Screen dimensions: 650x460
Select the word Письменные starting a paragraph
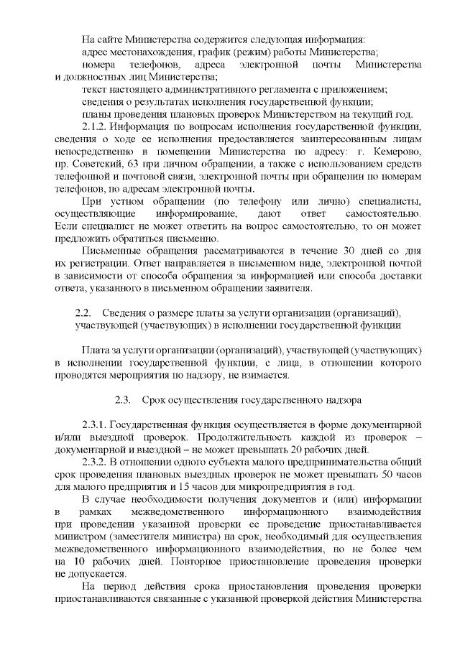(x=110, y=251)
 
